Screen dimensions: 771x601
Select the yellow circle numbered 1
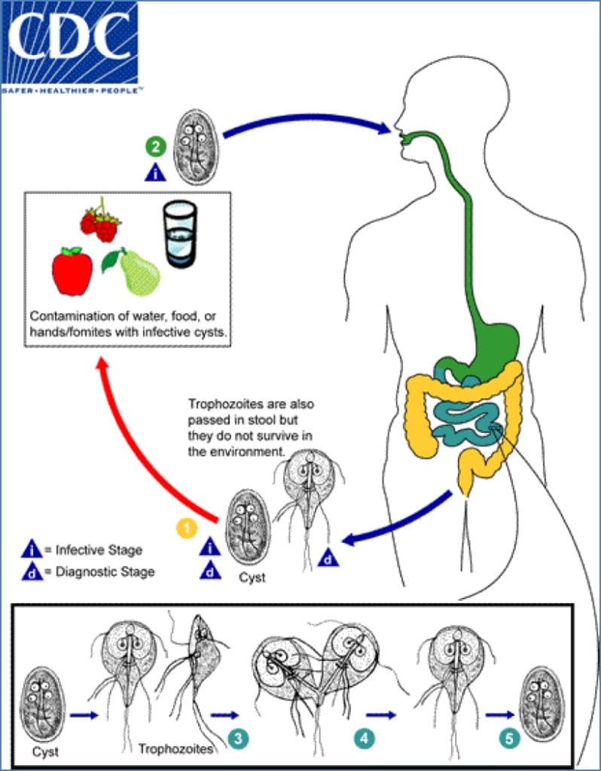pos(185,528)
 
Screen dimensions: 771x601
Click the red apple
pos(72,270)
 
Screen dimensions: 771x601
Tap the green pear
pos(136,270)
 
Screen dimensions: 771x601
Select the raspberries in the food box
pos(101,221)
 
